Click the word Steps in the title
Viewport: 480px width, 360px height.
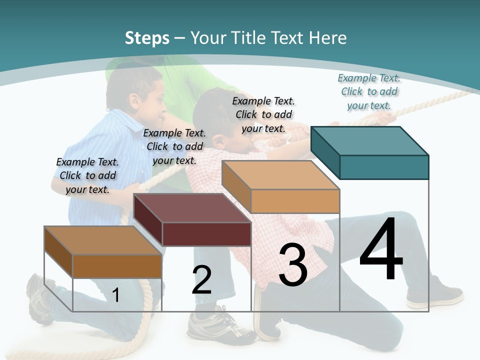147,38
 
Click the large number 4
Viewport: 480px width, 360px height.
381,250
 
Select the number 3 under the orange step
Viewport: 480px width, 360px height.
293,265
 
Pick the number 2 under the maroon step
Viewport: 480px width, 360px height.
201,280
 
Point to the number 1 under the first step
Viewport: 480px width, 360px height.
116,295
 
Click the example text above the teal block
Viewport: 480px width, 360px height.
369,91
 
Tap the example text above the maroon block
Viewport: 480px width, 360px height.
174,146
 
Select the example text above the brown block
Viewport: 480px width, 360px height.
87,175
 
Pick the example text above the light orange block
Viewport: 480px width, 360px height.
263,114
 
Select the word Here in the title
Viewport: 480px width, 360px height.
329,38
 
